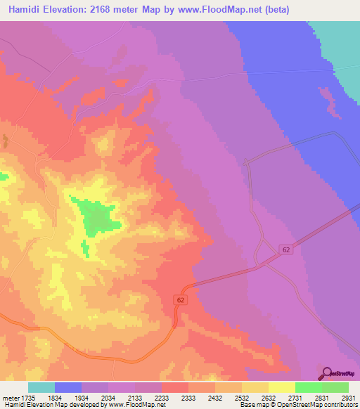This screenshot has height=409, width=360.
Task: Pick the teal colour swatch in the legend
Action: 41,387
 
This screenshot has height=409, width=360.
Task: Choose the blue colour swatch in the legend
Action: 68,387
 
